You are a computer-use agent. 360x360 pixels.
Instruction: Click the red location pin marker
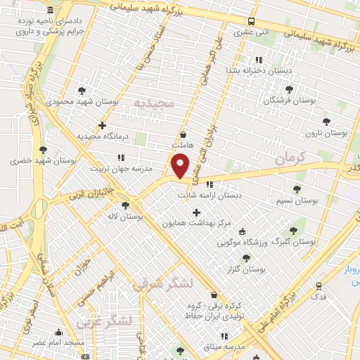(181, 167)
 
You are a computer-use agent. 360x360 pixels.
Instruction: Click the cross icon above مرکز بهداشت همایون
(196, 212)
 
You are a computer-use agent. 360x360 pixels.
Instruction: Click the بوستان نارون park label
(321, 134)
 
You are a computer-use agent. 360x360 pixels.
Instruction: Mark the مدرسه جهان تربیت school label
(120, 169)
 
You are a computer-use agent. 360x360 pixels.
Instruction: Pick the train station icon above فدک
(320, 286)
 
